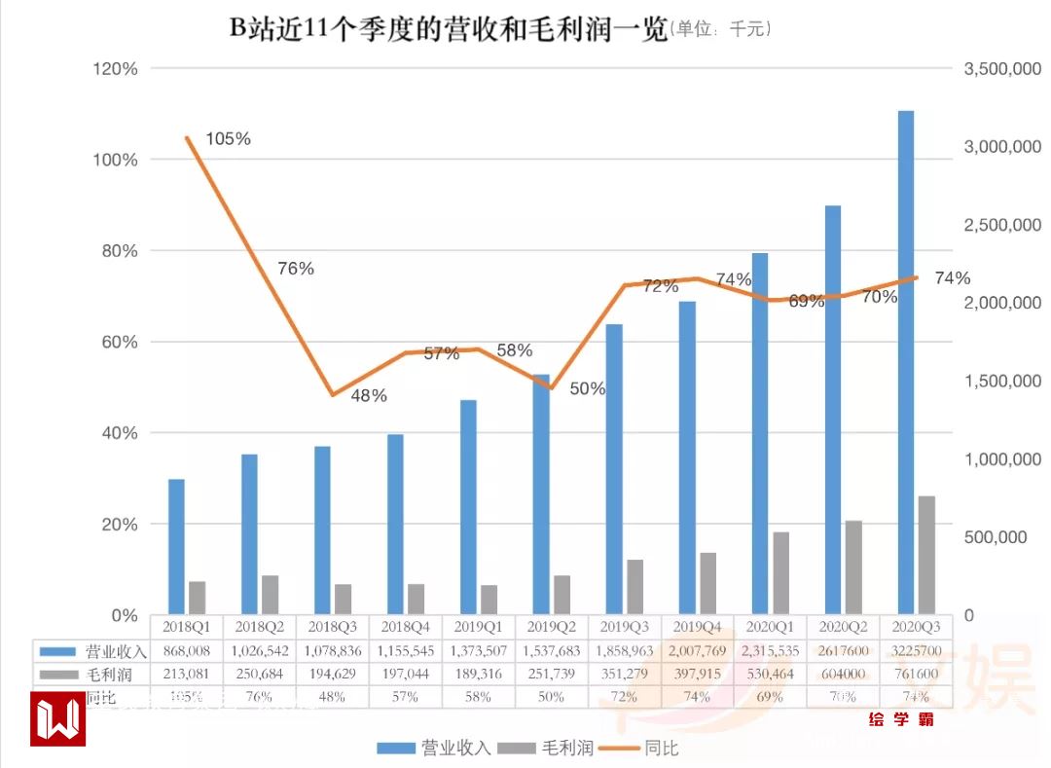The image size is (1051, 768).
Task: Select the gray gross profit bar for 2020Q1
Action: pos(780,573)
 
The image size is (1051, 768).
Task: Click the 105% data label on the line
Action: pos(229,139)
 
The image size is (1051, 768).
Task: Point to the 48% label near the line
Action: pos(369,396)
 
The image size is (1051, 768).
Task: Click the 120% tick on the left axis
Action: pos(115,69)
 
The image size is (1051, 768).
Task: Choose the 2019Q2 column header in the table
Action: pos(552,626)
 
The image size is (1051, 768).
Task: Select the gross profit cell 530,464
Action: pos(771,674)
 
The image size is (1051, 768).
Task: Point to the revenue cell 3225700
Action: pos(916,650)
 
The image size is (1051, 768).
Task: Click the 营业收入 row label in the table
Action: pos(109,650)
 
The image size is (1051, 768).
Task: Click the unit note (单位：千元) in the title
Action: pos(721,30)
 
